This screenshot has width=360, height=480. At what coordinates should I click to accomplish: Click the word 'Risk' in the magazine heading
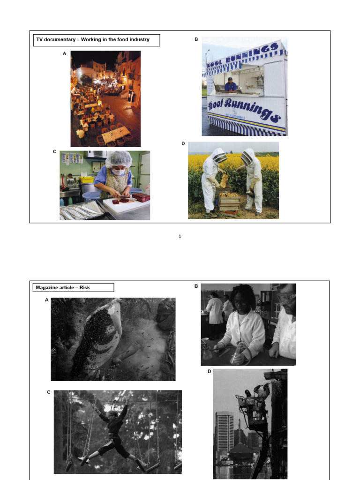click(85, 287)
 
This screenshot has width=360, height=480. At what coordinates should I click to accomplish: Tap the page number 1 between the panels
click(180, 237)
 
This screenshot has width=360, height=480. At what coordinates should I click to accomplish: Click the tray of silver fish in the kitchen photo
click(81, 211)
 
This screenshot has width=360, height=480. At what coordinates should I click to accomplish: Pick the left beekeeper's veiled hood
click(218, 157)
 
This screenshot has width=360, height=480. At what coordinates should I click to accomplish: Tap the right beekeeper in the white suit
click(253, 180)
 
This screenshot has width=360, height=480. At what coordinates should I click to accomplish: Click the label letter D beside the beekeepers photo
click(183, 143)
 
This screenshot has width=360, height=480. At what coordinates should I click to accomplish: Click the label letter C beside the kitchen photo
click(54, 151)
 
